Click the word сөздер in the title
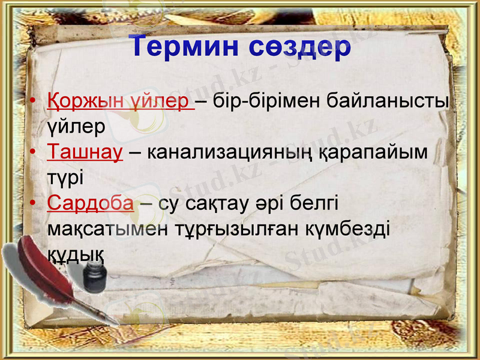tap(300, 47)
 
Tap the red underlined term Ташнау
tap(85, 152)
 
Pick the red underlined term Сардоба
tap(90, 203)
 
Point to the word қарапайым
tap(381, 152)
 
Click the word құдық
tap(76, 254)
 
